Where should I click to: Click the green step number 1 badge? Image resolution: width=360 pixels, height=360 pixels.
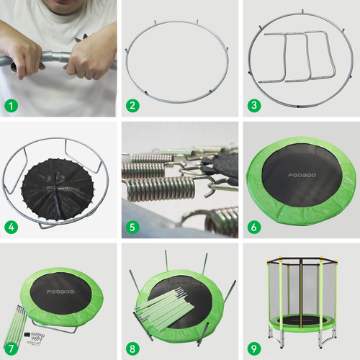[11, 106]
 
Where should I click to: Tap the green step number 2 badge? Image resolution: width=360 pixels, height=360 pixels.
[132, 106]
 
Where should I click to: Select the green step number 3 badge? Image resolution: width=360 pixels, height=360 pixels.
[253, 106]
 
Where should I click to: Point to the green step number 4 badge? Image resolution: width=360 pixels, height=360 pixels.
[11, 228]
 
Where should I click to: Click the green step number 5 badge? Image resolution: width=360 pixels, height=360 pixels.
[132, 228]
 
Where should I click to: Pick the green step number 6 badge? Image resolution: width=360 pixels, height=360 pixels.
[253, 228]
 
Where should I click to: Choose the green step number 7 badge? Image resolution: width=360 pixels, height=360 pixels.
[11, 348]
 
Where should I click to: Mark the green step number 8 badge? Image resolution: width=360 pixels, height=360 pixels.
[132, 348]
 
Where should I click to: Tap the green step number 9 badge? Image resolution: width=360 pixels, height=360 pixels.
[253, 348]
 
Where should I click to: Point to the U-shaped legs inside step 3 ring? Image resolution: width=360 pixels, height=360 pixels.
[295, 54]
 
